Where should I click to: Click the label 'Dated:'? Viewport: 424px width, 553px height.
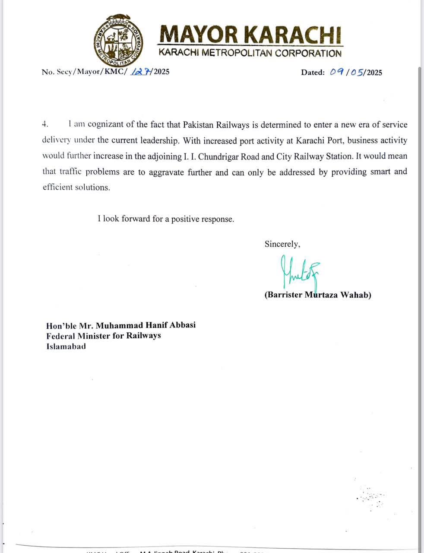(313, 72)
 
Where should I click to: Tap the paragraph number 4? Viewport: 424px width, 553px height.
(44, 124)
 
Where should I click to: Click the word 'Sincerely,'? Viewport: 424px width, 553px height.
(282, 244)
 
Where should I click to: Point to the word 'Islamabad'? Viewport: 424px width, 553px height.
(66, 346)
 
